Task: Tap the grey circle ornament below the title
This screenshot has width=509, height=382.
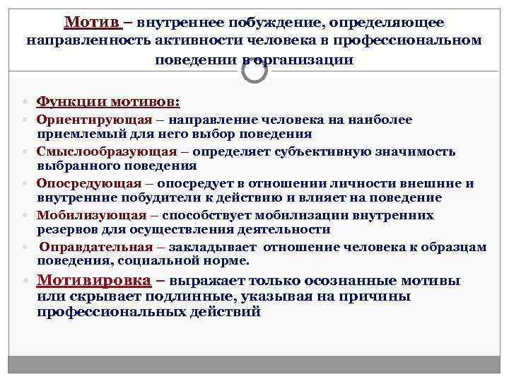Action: [x=254, y=69]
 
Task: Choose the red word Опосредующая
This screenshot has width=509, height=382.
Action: [x=89, y=183]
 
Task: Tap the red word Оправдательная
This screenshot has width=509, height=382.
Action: [x=95, y=247]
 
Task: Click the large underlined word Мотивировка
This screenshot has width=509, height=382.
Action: [x=94, y=280]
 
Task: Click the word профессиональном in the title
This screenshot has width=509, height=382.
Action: [x=413, y=41]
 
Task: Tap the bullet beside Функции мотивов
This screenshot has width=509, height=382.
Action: [x=25, y=102]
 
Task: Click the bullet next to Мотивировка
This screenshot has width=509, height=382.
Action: [x=25, y=281]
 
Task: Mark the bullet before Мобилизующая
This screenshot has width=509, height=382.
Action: [x=25, y=216]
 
